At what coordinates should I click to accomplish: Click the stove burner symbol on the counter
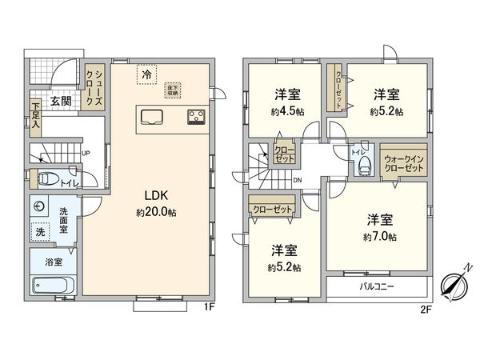(x=195, y=117)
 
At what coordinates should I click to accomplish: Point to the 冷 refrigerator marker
(x=146, y=74)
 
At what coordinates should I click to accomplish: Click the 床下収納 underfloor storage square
(x=171, y=89)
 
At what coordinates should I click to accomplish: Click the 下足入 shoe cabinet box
(x=36, y=107)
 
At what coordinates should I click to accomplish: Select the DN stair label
(x=297, y=181)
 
